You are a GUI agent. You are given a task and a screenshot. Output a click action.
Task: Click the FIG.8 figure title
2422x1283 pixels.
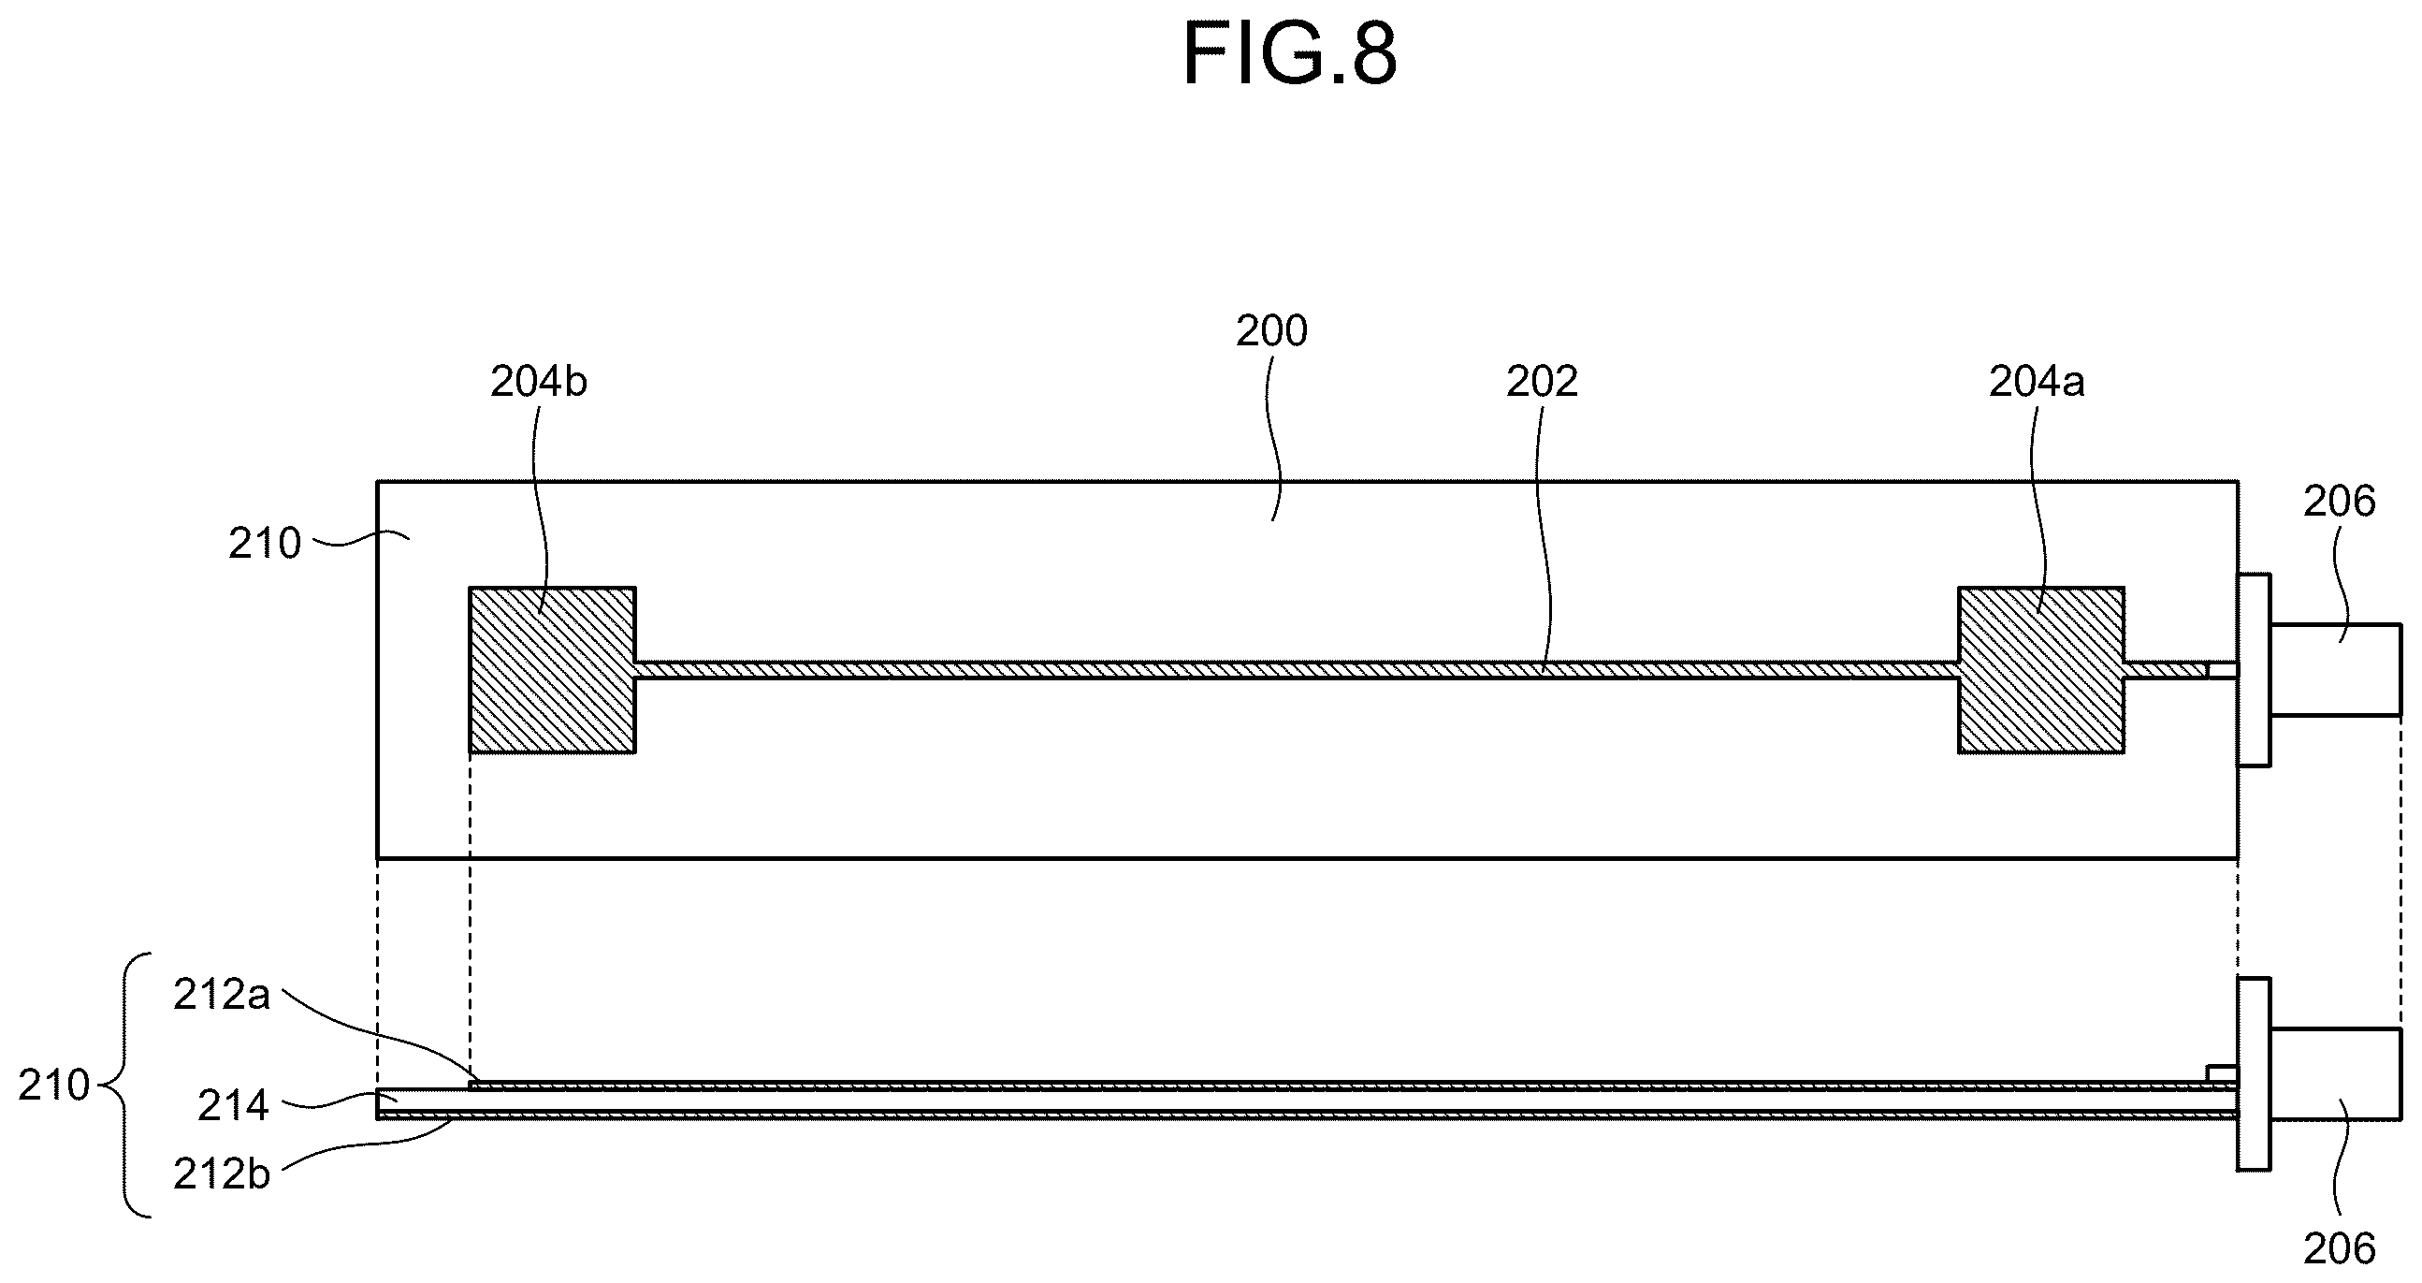1290,54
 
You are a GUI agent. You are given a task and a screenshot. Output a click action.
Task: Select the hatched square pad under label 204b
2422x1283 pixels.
553,670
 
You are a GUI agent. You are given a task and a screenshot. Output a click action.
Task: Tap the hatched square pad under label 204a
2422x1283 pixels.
2041,670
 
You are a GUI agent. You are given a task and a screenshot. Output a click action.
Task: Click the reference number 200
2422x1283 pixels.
1271,331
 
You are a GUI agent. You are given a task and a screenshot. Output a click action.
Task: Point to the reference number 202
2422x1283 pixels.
1542,382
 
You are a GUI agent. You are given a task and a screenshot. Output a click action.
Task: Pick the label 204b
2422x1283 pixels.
539,382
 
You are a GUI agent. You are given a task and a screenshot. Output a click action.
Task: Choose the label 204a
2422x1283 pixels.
2037,382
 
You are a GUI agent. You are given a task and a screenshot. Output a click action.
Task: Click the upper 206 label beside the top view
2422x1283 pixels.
2340,502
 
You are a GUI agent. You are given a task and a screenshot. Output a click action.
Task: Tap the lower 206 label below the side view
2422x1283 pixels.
2340,1249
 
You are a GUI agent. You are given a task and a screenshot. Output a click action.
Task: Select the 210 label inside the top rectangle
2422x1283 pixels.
264,544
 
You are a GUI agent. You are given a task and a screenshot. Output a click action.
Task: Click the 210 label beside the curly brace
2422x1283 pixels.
54,1086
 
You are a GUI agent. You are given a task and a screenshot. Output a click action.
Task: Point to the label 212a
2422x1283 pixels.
222,995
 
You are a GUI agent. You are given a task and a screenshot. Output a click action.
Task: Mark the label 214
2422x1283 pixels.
233,1106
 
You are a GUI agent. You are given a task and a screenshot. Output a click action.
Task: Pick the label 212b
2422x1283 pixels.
222,1174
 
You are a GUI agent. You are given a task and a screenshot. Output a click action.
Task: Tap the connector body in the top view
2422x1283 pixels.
2336,670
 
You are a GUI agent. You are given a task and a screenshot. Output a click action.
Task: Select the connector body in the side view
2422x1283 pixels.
2336,1074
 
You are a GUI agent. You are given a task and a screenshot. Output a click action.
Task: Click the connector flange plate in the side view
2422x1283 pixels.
2254,1074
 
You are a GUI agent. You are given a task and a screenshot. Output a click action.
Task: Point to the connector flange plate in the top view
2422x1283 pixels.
2254,670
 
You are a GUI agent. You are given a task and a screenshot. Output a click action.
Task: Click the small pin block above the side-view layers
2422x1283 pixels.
2222,1073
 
